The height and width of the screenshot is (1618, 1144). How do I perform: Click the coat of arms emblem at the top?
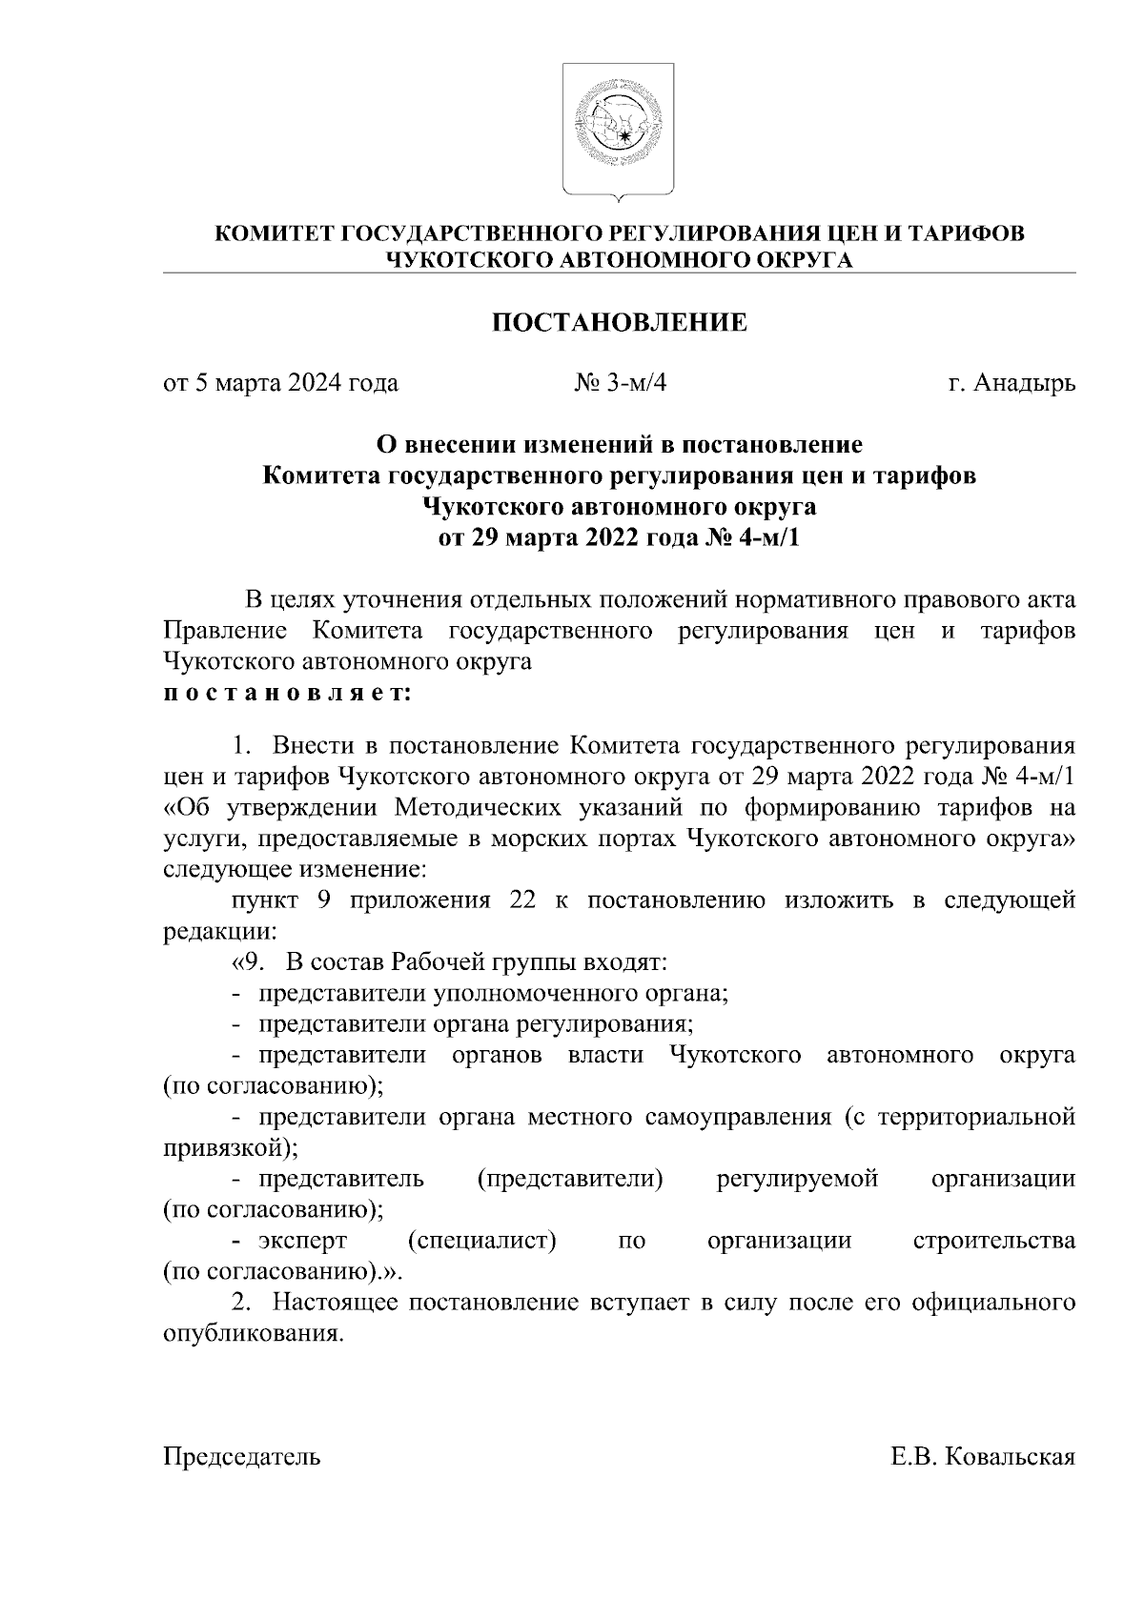point(619,129)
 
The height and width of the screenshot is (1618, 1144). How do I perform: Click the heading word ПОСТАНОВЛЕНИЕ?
point(619,323)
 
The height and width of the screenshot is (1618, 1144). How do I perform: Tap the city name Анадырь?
point(1025,384)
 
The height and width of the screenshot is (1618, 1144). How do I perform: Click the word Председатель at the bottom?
point(242,1457)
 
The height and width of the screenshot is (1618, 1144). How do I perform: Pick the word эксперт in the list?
point(302,1242)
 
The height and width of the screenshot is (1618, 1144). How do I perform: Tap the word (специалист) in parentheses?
point(481,1242)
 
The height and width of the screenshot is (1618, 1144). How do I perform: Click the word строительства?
point(994,1242)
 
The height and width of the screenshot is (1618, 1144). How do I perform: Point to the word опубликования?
point(252,1334)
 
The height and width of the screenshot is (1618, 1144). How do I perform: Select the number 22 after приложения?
point(522,900)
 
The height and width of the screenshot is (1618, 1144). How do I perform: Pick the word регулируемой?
point(797,1180)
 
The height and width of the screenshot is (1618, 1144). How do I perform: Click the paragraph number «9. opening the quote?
point(245,962)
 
